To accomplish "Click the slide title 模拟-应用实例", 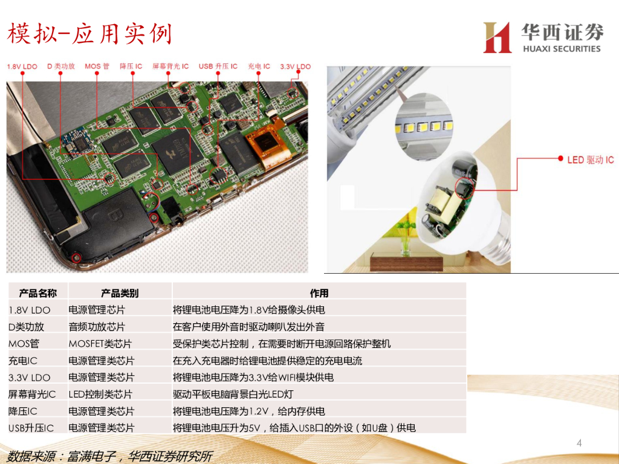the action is (x=89, y=34).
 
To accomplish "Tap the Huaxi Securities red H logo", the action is (x=497, y=37).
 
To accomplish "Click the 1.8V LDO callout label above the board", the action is (x=22, y=66).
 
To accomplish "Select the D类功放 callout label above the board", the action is (x=61, y=66).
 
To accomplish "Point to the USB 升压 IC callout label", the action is (x=218, y=66).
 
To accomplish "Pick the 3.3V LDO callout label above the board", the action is (x=295, y=66).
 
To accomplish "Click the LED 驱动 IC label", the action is (x=591, y=159).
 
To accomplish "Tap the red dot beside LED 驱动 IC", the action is (x=560, y=158).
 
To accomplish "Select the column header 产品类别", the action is (x=120, y=293).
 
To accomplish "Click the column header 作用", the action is (x=319, y=293).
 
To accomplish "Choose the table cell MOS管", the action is (x=24, y=344).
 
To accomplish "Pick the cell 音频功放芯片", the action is (x=97, y=327).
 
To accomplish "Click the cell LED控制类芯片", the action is (x=100, y=394).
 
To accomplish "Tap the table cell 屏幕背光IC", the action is (x=32, y=394).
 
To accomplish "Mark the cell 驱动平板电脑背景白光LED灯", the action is (x=233, y=394).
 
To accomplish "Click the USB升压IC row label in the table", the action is (x=31, y=428).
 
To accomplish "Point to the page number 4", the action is (x=579, y=443).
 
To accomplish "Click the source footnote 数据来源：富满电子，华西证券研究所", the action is (x=110, y=457).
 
